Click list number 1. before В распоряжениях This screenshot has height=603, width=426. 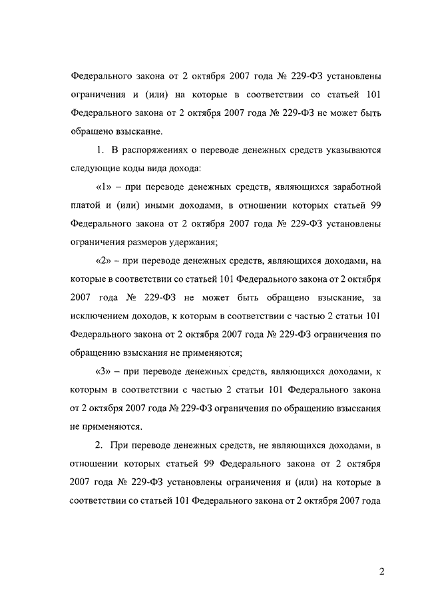(102, 149)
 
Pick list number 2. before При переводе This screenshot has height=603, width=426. (102, 444)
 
